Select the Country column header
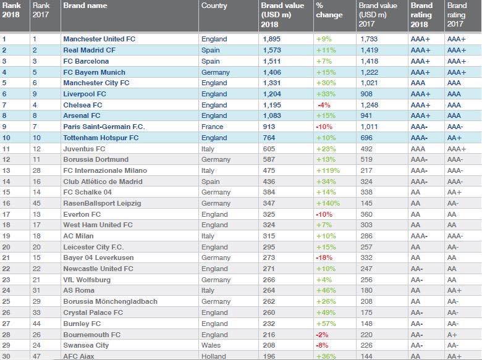(x=214, y=6)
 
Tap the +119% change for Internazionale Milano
(x=328, y=170)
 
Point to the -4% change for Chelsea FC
(x=322, y=105)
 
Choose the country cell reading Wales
(x=211, y=345)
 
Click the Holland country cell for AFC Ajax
(x=214, y=356)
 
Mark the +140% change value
(x=328, y=203)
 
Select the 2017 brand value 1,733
(x=370, y=39)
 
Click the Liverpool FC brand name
(x=86, y=94)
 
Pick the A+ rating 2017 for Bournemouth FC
(x=452, y=334)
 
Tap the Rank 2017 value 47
(x=36, y=356)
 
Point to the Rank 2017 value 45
(x=36, y=203)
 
